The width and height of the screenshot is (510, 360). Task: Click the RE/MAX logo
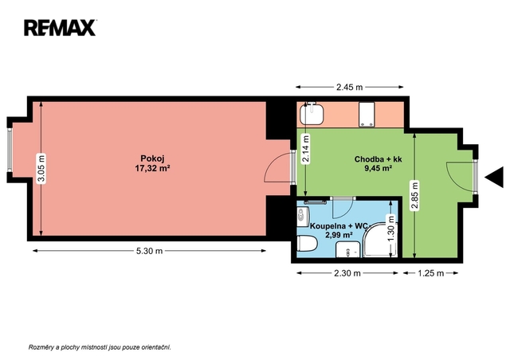(60, 28)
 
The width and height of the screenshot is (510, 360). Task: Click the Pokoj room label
(152, 158)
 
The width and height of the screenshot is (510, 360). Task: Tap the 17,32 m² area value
(152, 168)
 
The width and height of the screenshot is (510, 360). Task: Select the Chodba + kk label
(378, 159)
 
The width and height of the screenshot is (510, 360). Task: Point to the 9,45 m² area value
(378, 168)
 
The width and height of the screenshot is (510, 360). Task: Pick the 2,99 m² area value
(339, 235)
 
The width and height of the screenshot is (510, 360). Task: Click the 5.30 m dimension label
(149, 251)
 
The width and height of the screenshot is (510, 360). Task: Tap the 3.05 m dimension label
(41, 169)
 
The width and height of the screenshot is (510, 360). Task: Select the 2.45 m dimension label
(349, 87)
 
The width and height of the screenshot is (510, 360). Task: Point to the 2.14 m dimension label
(306, 148)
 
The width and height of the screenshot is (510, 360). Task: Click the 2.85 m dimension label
(414, 195)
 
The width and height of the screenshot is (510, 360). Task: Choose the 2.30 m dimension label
(347, 273)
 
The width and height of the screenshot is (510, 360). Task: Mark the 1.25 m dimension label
(430, 273)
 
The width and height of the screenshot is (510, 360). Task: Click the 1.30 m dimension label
(391, 229)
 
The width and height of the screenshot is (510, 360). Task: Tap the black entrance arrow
(494, 178)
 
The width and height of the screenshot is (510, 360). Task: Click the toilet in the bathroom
(307, 244)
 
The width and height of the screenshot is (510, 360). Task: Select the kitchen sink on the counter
(312, 114)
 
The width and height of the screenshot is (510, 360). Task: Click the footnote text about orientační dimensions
(100, 347)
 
